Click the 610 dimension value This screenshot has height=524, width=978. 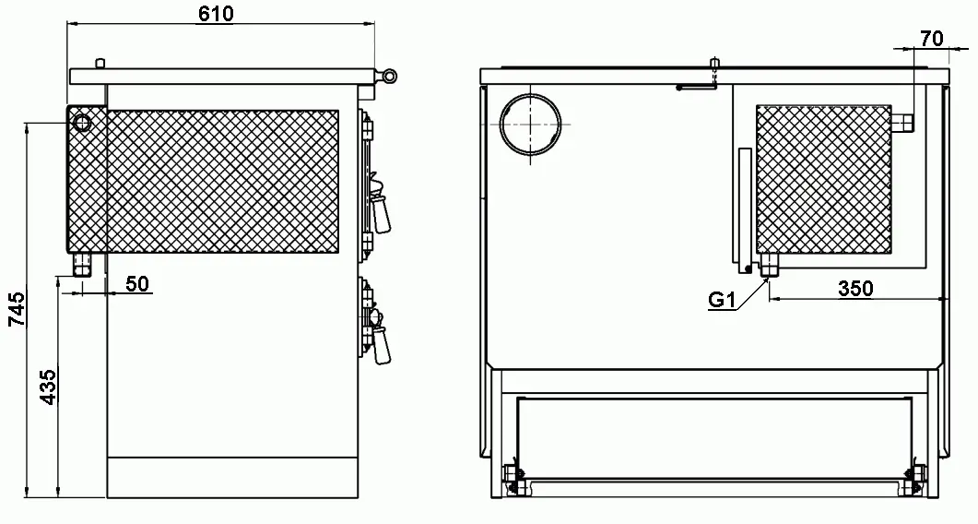click(x=217, y=13)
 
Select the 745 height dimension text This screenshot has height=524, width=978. click(x=17, y=308)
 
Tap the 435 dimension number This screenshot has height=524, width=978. click(x=47, y=387)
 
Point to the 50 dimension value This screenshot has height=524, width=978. click(x=137, y=283)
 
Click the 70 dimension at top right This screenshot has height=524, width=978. click(x=932, y=39)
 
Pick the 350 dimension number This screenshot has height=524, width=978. click(x=855, y=289)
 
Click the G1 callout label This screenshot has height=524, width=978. click(x=723, y=301)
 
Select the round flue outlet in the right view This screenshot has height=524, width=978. click(x=530, y=124)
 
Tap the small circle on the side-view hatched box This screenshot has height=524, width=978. click(x=82, y=123)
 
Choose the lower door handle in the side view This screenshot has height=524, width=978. click(x=379, y=337)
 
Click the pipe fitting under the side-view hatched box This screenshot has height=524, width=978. click(x=81, y=264)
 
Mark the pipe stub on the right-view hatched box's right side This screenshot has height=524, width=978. click(x=902, y=123)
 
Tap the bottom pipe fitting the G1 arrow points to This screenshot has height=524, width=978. click(x=768, y=265)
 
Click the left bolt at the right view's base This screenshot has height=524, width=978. click(x=513, y=480)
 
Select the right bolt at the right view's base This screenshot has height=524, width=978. click(x=917, y=480)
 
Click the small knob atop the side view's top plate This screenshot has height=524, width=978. click(x=100, y=64)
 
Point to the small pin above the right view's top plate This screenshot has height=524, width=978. click(x=714, y=64)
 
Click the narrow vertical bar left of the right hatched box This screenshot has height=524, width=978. click(x=745, y=209)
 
